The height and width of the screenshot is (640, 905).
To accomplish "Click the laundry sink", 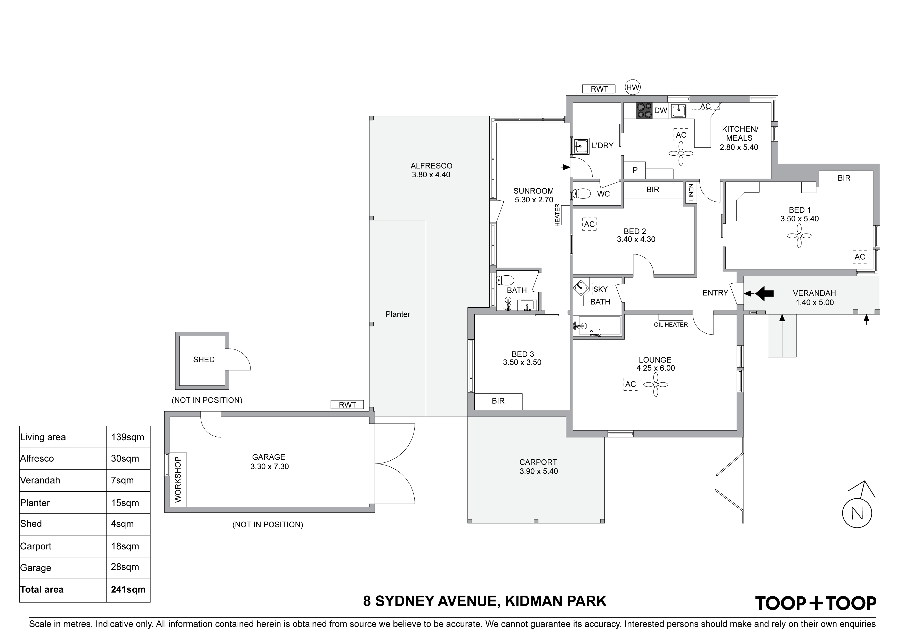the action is pos(581,146).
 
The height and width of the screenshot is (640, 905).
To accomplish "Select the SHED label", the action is pos(204,360).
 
